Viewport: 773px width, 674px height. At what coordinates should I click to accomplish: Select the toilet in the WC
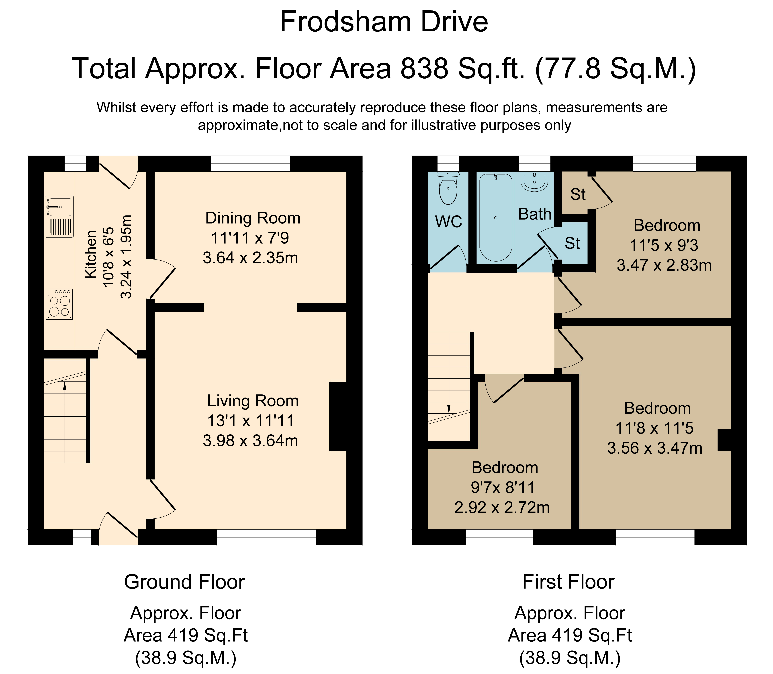click(448, 188)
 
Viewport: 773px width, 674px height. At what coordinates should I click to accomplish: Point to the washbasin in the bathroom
click(534, 182)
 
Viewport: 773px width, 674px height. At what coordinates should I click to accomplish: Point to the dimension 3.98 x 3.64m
click(250, 441)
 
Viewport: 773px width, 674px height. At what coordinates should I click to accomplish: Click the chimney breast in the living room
click(338, 416)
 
